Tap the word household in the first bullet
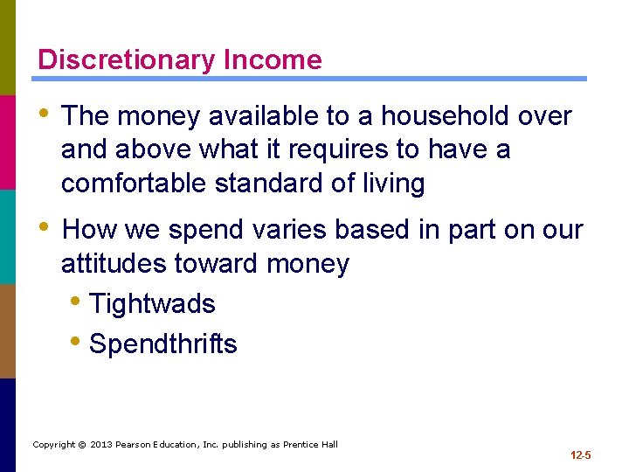pos(423,116)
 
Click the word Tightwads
pos(152,304)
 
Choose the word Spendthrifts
pos(162,344)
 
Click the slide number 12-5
pos(580,455)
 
